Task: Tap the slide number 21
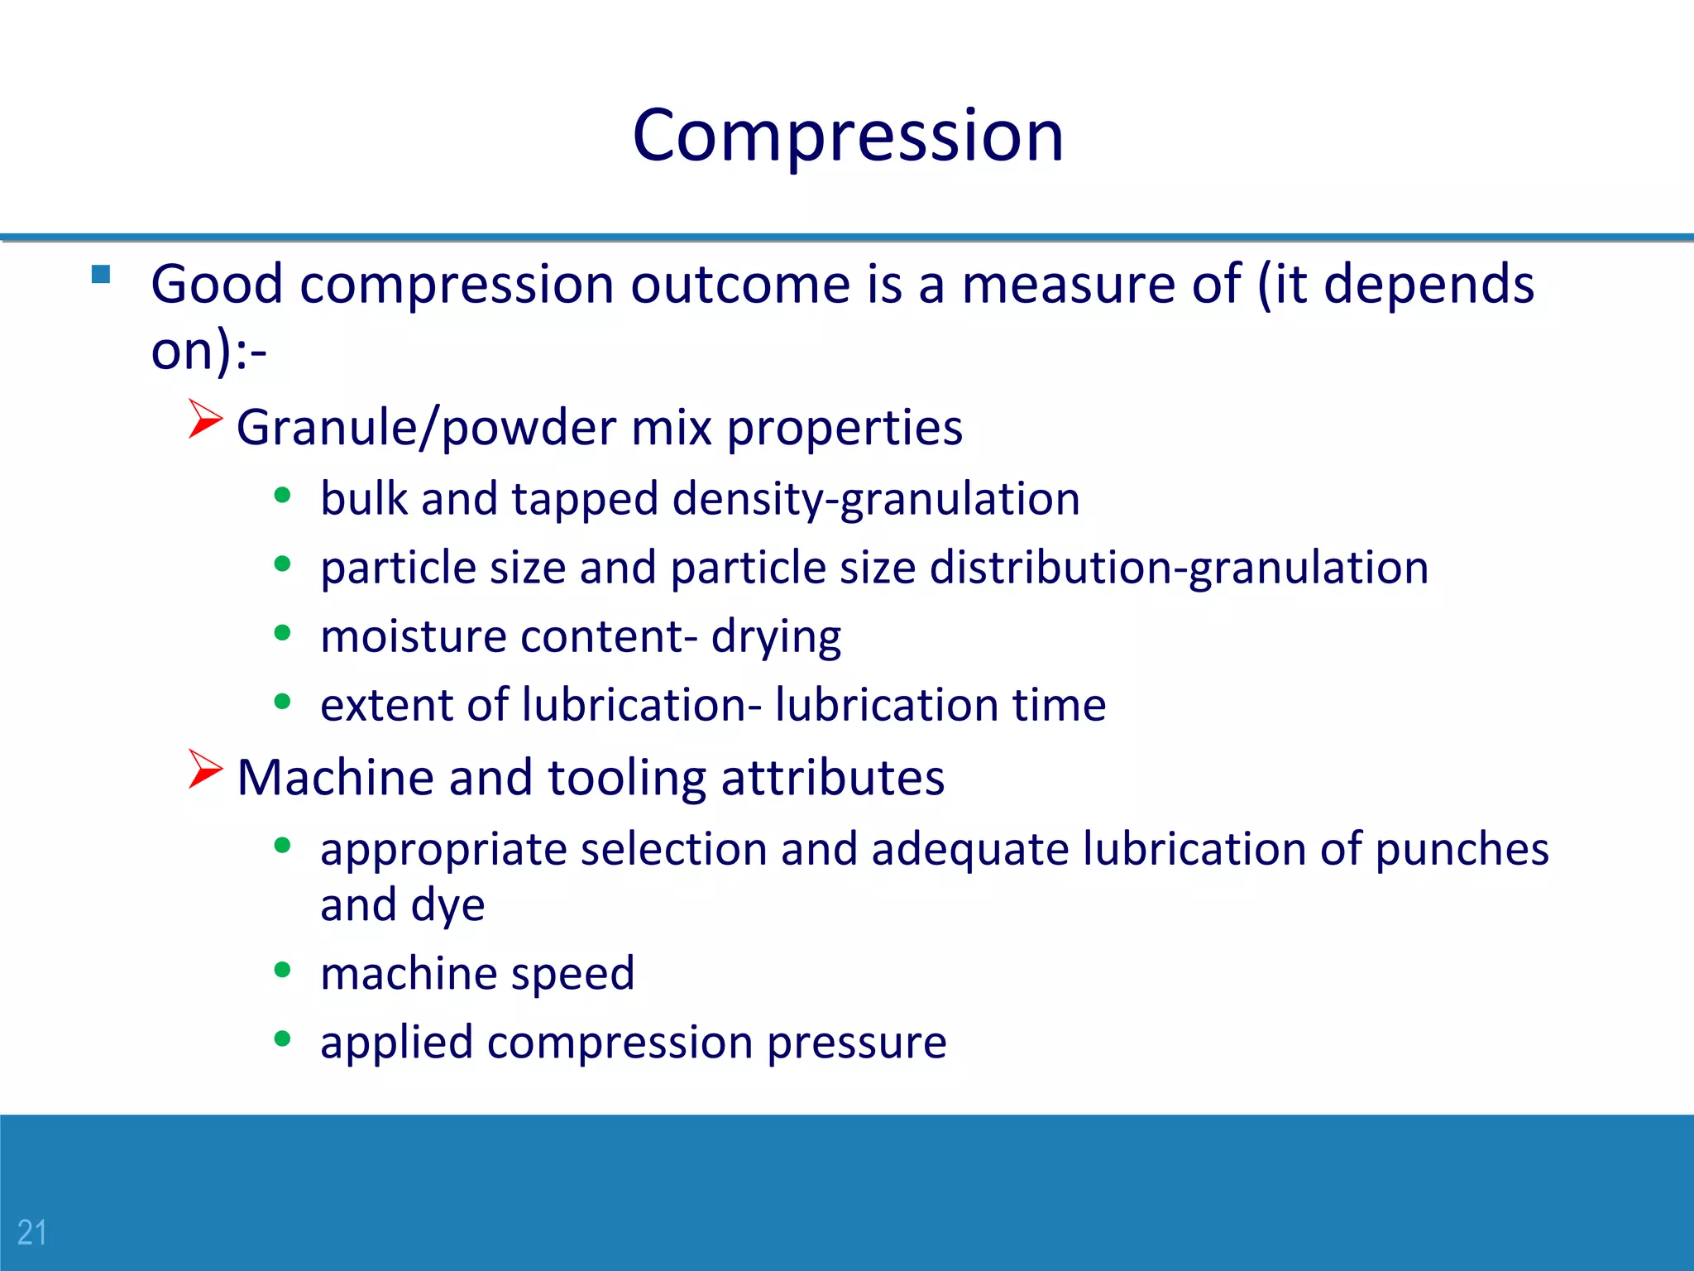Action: (32, 1232)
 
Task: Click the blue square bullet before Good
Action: (101, 275)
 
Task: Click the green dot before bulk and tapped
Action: (283, 496)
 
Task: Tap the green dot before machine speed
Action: (283, 970)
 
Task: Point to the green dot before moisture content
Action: (283, 634)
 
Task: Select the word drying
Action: (776, 637)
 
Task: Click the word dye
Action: (447, 905)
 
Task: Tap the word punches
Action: (1462, 850)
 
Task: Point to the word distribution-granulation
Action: (1179, 568)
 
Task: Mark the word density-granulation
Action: (876, 500)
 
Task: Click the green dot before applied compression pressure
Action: (283, 1038)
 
